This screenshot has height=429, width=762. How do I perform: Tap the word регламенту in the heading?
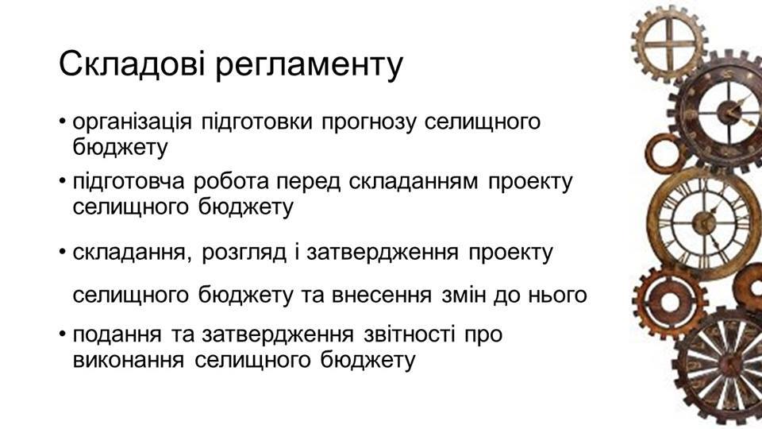click(x=309, y=67)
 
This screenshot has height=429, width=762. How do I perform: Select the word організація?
click(x=133, y=122)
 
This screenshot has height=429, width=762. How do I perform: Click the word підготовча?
click(x=129, y=182)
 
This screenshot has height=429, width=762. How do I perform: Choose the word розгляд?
click(x=244, y=253)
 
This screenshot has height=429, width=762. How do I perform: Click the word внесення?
click(x=382, y=295)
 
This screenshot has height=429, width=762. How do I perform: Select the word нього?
click(x=559, y=295)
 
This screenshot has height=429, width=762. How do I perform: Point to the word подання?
click(x=117, y=334)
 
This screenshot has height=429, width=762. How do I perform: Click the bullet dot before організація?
click(x=62, y=120)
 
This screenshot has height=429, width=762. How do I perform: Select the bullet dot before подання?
click(x=62, y=333)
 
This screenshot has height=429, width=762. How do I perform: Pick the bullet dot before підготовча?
click(x=62, y=180)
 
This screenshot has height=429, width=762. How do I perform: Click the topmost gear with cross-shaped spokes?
click(x=670, y=44)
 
